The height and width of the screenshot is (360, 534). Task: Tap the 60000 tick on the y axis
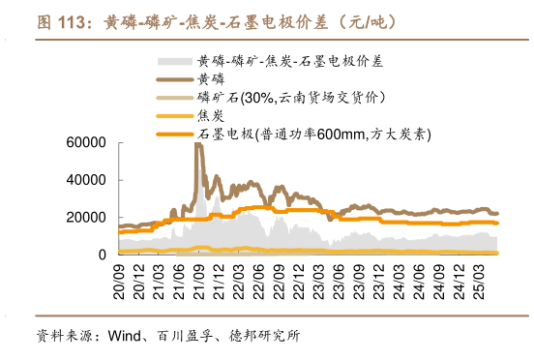(x=84, y=143)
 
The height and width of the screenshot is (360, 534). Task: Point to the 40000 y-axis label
(x=84, y=180)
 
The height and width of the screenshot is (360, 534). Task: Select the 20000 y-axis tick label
(x=84, y=218)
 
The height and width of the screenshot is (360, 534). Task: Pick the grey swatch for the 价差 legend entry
(x=173, y=60)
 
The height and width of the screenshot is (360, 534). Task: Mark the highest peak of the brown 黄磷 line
(x=197, y=144)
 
